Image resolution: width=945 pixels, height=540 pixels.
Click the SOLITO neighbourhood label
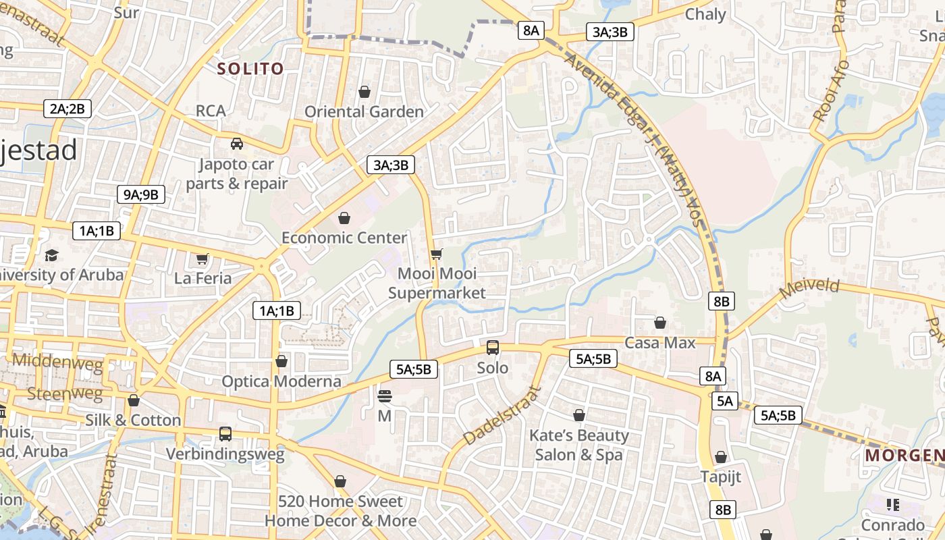tap(250, 68)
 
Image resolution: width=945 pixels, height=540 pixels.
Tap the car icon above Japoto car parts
tap(237, 143)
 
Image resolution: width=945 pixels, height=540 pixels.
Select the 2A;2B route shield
tap(67, 109)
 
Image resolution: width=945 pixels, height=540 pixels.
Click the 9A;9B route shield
tap(140, 195)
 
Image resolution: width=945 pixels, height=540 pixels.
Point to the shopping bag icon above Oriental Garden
tap(364, 91)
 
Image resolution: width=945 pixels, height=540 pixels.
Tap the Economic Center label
tap(344, 238)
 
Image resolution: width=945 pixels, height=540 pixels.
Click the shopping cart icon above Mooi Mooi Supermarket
tap(437, 254)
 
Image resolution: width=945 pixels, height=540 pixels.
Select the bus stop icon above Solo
tap(493, 348)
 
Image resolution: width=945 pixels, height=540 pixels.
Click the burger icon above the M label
tap(385, 396)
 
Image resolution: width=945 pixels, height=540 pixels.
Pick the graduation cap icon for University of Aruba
tap(52, 255)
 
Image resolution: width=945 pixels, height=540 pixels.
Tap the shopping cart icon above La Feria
tap(202, 259)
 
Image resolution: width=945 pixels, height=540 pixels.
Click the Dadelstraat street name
tap(503, 415)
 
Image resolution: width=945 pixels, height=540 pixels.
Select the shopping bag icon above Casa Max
tap(660, 323)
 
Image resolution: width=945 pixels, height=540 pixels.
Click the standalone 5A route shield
tap(724, 401)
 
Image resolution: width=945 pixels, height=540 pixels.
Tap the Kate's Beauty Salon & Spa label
tap(578, 445)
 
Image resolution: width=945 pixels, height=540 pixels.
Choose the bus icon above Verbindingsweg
tap(225, 433)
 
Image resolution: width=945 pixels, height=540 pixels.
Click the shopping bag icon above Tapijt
tap(721, 457)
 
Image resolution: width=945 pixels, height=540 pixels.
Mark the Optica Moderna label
tap(282, 381)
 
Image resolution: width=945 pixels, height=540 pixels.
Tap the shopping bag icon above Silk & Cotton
tap(134, 400)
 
